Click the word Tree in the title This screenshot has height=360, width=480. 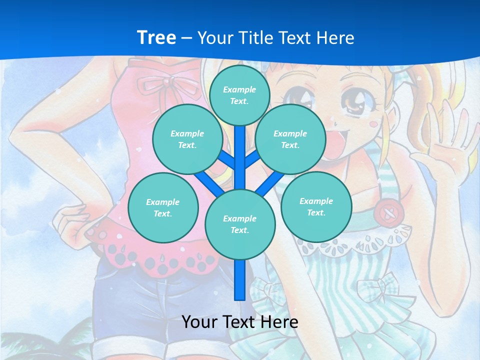156,37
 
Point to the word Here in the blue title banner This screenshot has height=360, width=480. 335,38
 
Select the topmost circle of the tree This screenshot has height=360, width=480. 239,95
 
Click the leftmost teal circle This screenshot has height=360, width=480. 163,207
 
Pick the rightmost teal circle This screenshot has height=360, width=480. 316,206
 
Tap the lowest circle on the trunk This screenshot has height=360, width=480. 240,224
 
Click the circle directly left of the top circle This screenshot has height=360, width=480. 187,139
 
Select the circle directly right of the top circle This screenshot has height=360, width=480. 290,139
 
